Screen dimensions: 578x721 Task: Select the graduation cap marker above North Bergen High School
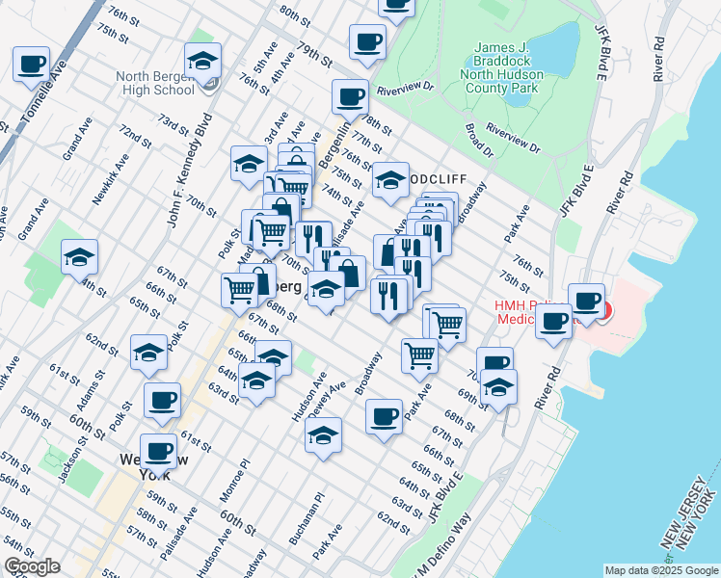tap(202, 62)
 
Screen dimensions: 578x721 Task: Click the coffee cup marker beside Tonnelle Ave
tap(31, 66)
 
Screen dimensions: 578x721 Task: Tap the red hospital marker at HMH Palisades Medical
tap(604, 309)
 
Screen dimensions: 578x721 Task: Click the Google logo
tap(32, 566)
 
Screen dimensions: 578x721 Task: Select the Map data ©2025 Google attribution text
tap(661, 570)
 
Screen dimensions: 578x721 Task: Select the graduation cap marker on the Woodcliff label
tap(389, 181)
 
